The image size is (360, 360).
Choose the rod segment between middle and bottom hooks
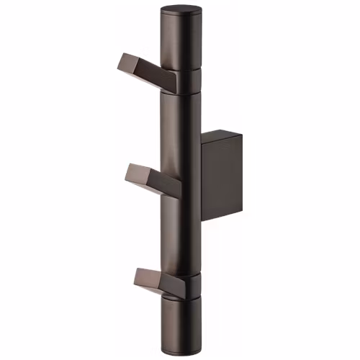point(179,230)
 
